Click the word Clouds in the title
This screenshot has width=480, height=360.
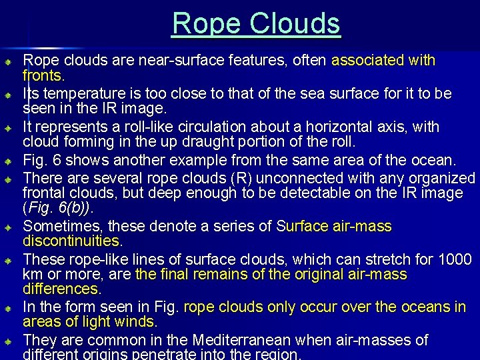click(x=296, y=24)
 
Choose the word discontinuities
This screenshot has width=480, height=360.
click(x=73, y=240)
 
